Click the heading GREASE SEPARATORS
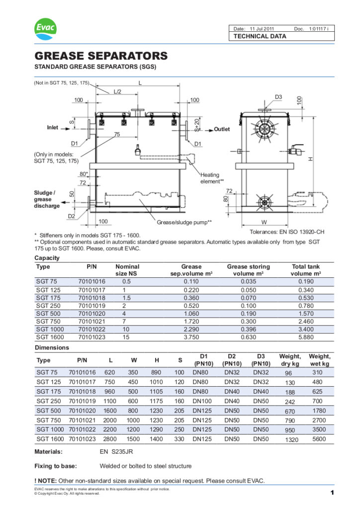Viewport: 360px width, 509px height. (101, 56)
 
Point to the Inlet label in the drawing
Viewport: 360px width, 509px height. (52, 128)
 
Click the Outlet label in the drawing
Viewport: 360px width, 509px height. (222, 129)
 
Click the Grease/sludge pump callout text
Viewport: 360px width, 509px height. (184, 222)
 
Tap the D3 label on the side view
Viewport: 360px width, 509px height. (278, 96)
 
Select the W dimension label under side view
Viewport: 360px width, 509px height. (264, 222)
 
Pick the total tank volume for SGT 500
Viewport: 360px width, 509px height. (306, 313)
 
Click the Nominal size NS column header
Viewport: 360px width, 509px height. (127, 270)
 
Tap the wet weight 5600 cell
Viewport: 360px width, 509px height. (319, 439)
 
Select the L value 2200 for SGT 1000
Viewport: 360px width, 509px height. (110, 429)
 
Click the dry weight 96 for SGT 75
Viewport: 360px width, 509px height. (288, 373)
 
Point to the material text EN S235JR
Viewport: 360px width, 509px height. (116, 452)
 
